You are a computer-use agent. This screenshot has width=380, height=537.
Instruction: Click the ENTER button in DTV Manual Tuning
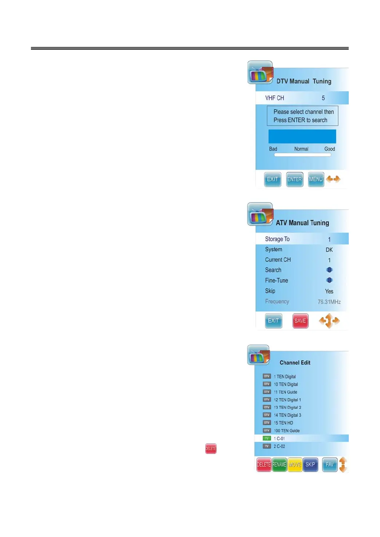coord(294,179)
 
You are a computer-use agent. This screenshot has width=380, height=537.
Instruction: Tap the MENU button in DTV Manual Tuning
coord(316,179)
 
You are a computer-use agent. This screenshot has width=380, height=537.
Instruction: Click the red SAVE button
coord(300,321)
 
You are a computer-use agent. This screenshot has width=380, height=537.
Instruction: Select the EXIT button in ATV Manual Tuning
coord(273,321)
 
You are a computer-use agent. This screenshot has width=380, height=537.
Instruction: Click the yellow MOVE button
coord(294,465)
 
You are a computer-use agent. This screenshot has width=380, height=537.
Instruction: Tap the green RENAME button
coord(279,465)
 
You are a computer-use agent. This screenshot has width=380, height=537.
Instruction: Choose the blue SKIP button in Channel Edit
coord(310,465)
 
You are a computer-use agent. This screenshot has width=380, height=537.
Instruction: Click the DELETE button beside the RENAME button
coord(264,465)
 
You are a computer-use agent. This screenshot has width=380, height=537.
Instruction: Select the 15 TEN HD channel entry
coord(283,423)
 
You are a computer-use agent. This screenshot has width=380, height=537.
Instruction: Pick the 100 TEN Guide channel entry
coord(286,431)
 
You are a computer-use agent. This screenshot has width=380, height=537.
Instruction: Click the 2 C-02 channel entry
coord(279,446)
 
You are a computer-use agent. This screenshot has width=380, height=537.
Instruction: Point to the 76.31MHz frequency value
coord(329,302)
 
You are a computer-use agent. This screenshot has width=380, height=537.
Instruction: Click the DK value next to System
coord(329,250)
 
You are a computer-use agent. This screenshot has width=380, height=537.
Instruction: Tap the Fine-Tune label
coord(276,281)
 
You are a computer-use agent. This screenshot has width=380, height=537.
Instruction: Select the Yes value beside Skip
coord(329,291)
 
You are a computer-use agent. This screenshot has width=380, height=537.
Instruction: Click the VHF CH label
coord(274,98)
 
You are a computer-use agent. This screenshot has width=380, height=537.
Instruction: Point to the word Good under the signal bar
coord(329,149)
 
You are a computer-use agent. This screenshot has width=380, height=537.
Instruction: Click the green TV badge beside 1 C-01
coord(267,439)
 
